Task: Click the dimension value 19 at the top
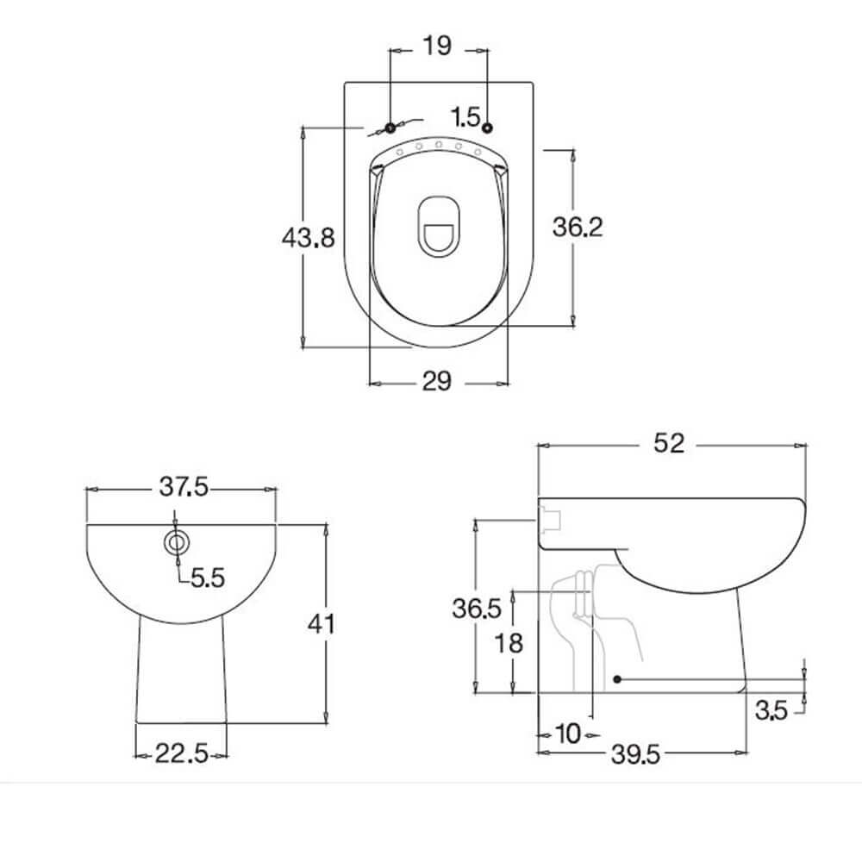coord(438,47)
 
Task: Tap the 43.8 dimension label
coord(308,236)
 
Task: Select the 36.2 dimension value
coord(578,227)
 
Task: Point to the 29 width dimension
coord(438,381)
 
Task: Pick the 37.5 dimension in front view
coord(183,487)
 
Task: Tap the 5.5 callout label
coord(207,578)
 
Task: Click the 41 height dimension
coord(322,622)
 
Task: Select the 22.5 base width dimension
coord(182,755)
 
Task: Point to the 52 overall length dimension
coord(669,443)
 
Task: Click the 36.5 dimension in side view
coord(477,609)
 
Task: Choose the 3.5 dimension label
coord(772,711)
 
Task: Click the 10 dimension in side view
coord(567,734)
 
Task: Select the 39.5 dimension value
coord(636,755)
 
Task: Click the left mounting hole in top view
coord(390,128)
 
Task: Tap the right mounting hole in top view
coord(488,128)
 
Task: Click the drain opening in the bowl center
coord(439,226)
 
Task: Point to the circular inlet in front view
coord(177,542)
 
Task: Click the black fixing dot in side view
coord(617,679)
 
